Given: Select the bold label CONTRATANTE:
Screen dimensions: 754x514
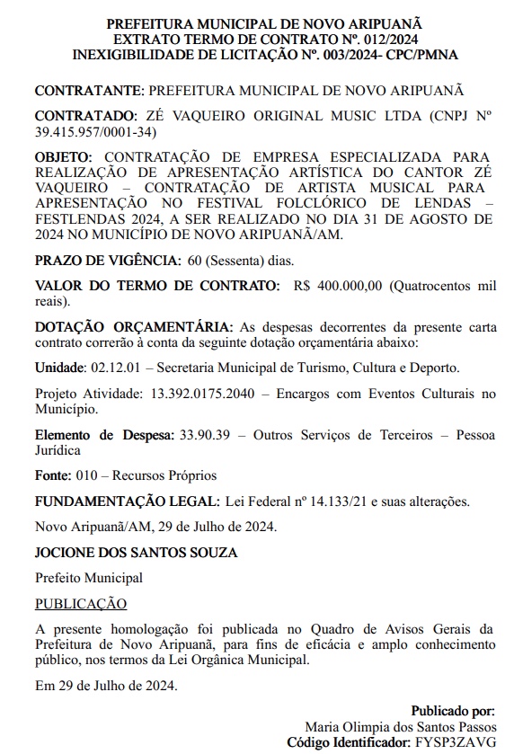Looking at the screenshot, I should click(88, 91).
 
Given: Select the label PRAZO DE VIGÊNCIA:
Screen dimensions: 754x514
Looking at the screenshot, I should click(107, 261).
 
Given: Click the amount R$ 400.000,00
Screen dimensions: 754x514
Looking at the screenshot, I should click(338, 286).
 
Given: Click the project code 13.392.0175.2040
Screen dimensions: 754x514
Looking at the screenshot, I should click(191, 394).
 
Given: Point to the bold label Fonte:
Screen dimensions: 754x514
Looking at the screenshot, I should click(54, 475).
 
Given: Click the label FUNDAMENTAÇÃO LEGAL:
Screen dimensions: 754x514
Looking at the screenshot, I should click(126, 501).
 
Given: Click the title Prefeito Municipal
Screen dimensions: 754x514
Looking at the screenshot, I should click(88, 578).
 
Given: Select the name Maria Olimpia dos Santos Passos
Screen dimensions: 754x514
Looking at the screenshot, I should click(400, 726).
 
